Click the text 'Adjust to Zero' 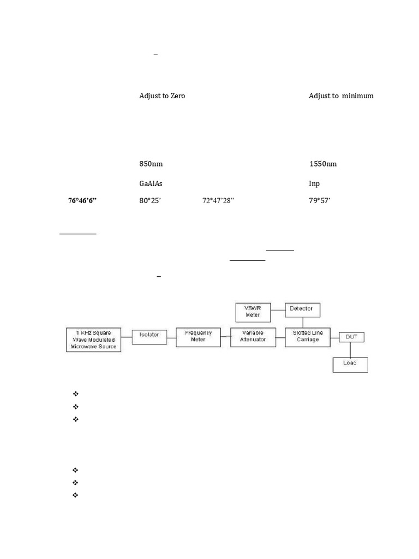[x=162, y=96]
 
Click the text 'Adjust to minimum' [x=341, y=96]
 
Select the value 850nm [x=151, y=164]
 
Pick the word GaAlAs [x=151, y=184]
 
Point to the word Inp [x=314, y=184]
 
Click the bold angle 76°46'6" [x=82, y=201]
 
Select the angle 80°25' [x=150, y=201]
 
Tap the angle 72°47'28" [x=218, y=201]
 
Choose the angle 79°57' [x=320, y=201]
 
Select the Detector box [x=302, y=309]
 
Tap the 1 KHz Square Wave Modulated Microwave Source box [x=93, y=340]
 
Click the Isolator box [x=149, y=335]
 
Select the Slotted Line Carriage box [x=305, y=337]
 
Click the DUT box [x=351, y=337]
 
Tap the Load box [x=350, y=364]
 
